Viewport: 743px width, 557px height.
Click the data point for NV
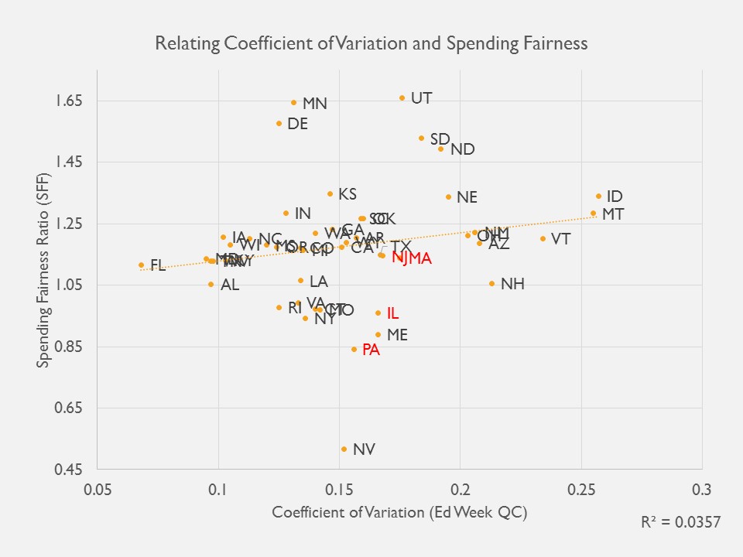click(x=344, y=449)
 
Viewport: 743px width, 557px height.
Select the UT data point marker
click(x=402, y=97)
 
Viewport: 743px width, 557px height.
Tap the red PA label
click(x=371, y=350)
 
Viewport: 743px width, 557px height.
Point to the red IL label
click(x=392, y=313)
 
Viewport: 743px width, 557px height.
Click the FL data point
click(x=141, y=265)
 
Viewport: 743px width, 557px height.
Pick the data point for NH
click(x=491, y=283)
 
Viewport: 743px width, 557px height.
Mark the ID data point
click(x=598, y=196)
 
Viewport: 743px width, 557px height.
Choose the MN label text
click(x=314, y=104)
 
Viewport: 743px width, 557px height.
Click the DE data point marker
click(x=279, y=123)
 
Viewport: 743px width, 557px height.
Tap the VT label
click(x=560, y=239)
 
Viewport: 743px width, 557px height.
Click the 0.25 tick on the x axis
click(x=580, y=490)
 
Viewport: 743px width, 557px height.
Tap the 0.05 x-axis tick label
click(x=98, y=490)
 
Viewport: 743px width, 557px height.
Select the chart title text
click(x=371, y=43)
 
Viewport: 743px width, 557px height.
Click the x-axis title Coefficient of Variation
click(x=399, y=512)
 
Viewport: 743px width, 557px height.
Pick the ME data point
click(x=378, y=335)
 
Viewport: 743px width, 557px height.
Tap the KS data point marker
click(x=330, y=193)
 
